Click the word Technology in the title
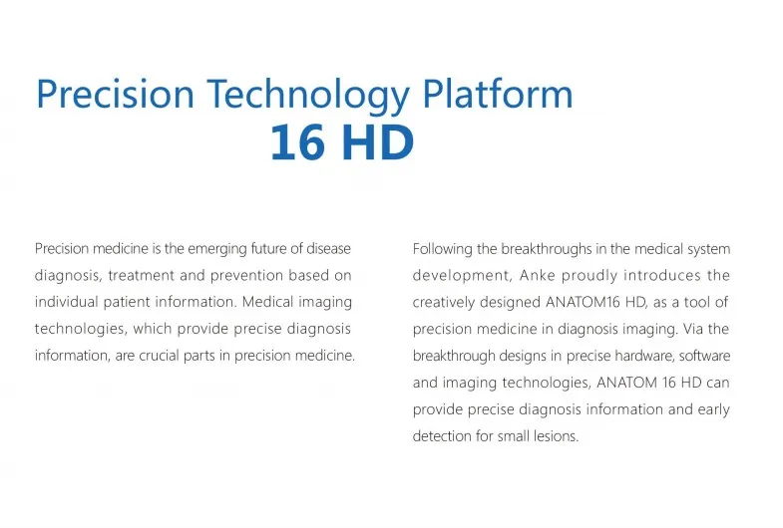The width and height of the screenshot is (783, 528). pyautogui.click(x=308, y=95)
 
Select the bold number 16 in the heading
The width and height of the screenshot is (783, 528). pyautogui.click(x=296, y=142)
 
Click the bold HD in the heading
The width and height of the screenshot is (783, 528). pyautogui.click(x=379, y=142)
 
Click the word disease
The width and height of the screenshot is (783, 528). pyautogui.click(x=328, y=248)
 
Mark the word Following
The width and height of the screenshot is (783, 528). pyautogui.click(x=443, y=249)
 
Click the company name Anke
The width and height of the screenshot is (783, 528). pyautogui.click(x=538, y=275)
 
